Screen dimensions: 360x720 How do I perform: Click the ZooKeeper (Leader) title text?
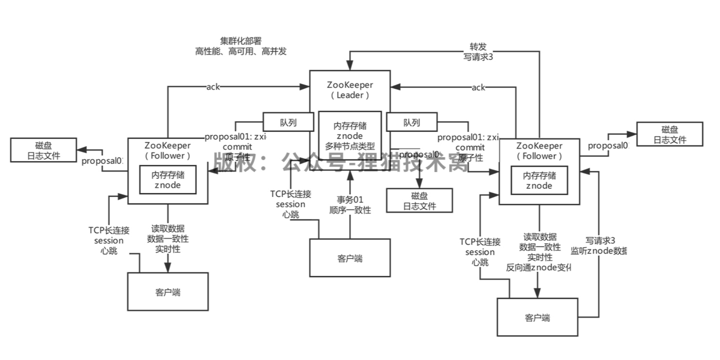tap(350, 90)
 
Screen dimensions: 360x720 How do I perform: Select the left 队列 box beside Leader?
tap(288, 123)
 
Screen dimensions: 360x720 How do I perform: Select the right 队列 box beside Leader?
tap(412, 123)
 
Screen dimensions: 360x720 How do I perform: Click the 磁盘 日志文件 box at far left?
tap(44, 150)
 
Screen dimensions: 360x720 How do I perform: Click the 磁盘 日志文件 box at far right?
tap(669, 134)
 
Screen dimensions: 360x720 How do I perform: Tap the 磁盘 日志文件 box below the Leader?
tap(419, 201)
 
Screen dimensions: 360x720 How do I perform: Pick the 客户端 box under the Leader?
tap(350, 258)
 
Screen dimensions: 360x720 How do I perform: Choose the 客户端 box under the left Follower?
tap(168, 292)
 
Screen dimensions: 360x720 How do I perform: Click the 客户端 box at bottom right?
tap(537, 318)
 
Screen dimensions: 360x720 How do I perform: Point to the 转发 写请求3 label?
tap(478, 52)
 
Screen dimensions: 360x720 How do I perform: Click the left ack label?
tap(213, 87)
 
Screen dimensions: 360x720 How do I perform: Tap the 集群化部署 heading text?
tap(240, 41)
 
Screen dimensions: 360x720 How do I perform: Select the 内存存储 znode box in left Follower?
tap(168, 180)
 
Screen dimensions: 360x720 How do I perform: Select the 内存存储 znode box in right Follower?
tap(539, 180)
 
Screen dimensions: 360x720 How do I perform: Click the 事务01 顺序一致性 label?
tap(350, 205)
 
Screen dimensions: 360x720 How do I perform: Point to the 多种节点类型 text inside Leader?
tap(350, 146)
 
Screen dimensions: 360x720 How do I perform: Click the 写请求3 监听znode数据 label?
tap(599, 245)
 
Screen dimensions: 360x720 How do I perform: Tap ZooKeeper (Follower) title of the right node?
tap(539, 151)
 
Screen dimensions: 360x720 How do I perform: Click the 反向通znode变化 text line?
tap(538, 267)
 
